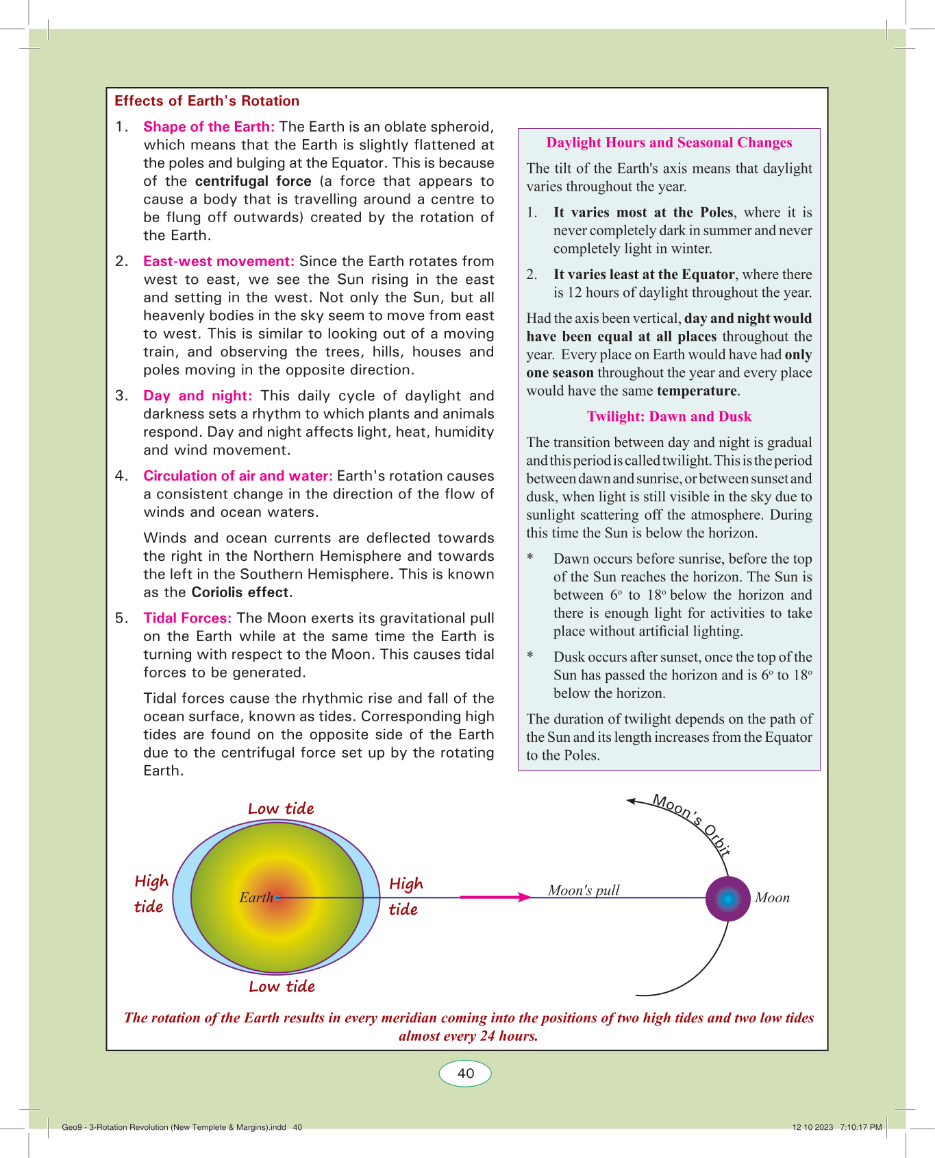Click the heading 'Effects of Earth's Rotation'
tap(207, 101)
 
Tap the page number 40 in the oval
tap(465, 1074)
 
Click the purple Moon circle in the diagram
tap(728, 898)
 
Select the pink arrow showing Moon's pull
tap(495, 897)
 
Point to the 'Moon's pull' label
tap(584, 890)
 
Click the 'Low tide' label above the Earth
tap(281, 809)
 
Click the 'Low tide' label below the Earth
tap(282, 987)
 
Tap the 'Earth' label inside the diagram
tap(256, 897)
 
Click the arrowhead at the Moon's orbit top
tap(632, 800)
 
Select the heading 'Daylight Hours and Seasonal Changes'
tap(669, 143)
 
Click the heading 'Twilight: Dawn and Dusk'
tap(669, 417)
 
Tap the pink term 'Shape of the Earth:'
tap(209, 127)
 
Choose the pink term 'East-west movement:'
tap(219, 261)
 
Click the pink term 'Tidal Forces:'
tap(187, 618)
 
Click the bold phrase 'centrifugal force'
tap(253, 181)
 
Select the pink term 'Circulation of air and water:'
tap(238, 476)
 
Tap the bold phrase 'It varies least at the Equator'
tap(644, 274)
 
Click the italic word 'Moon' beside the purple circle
tap(772, 898)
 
